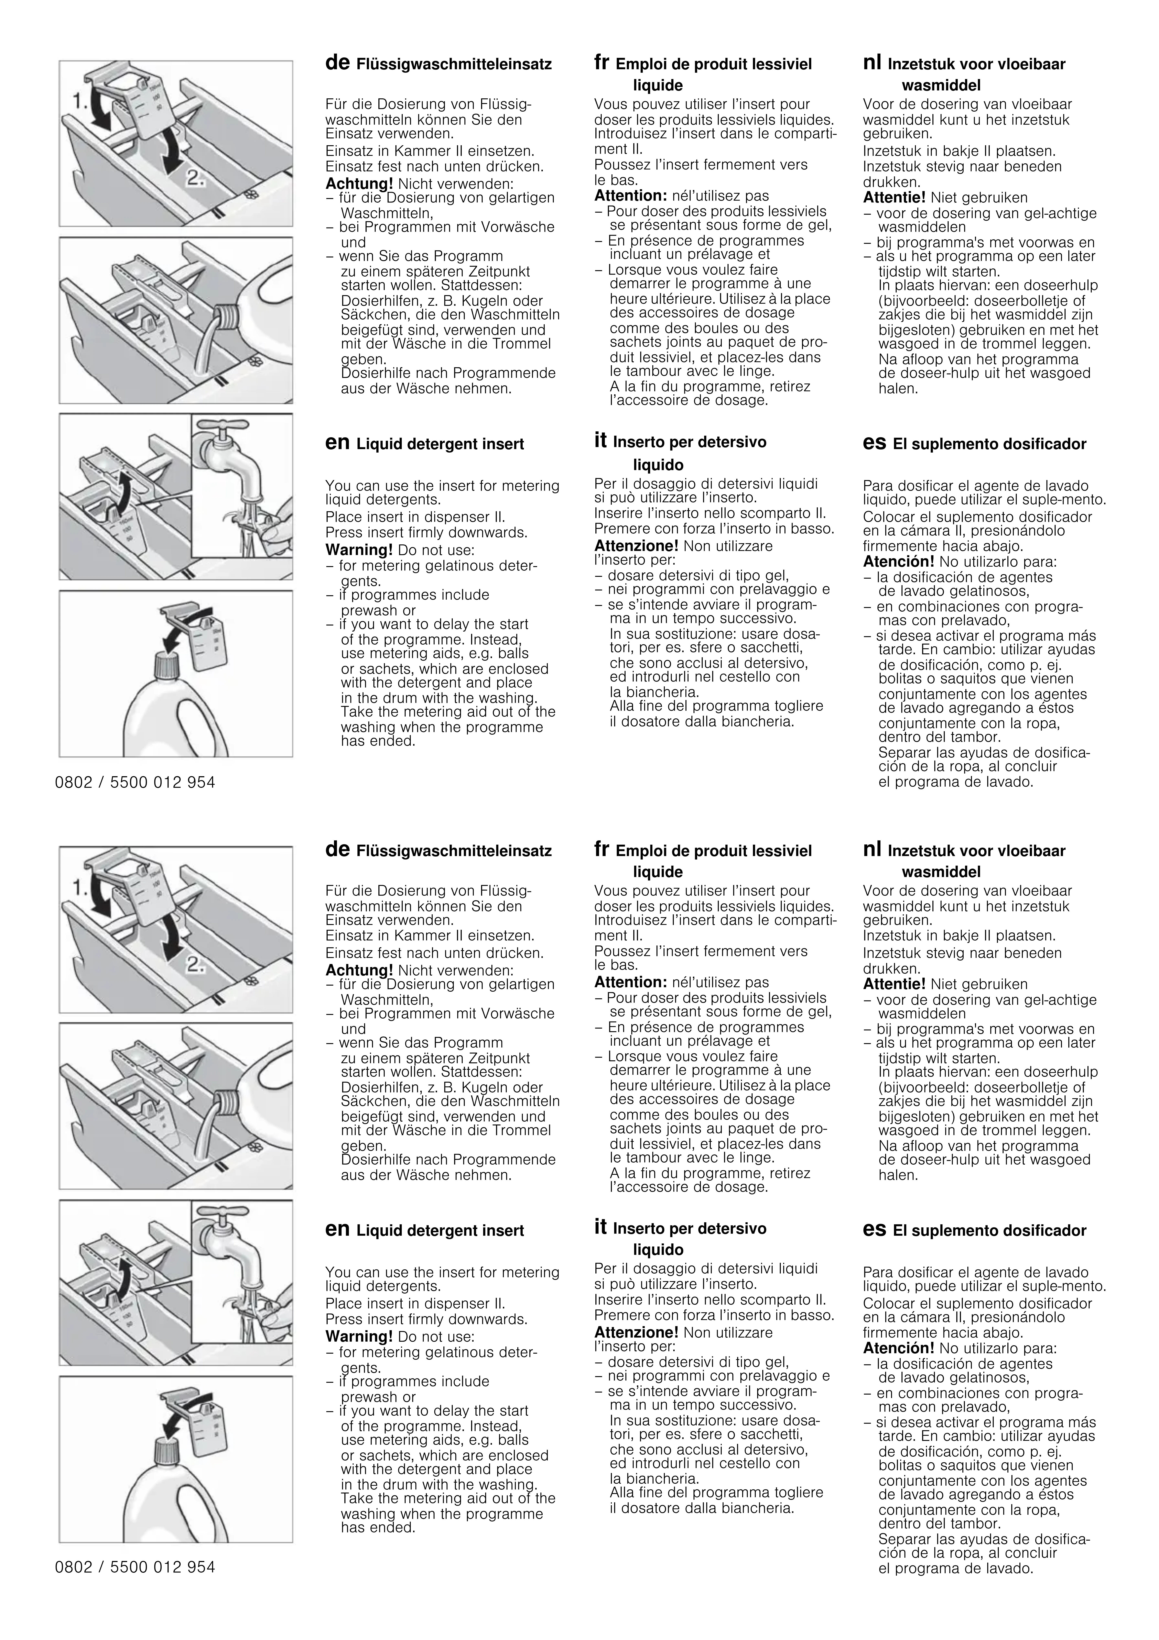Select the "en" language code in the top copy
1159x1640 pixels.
(x=337, y=444)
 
